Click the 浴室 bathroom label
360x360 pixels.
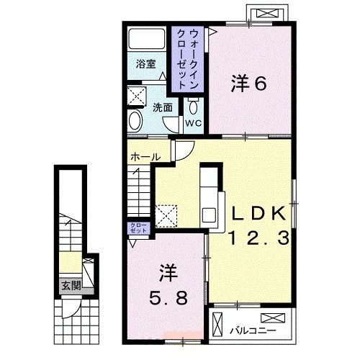[x=146, y=64]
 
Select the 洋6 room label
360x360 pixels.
[x=249, y=84]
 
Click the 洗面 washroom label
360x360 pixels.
[x=161, y=107]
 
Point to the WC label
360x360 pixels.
[x=193, y=123]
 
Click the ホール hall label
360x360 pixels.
[x=145, y=156]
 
